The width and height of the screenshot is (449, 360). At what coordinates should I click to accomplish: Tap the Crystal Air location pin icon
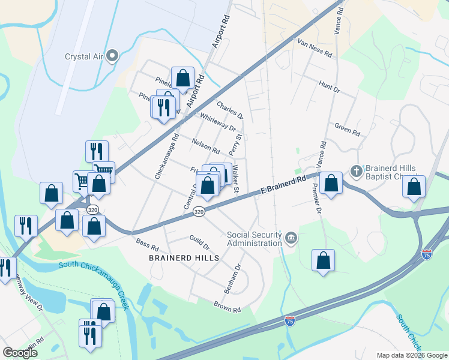pyautogui.click(x=112, y=57)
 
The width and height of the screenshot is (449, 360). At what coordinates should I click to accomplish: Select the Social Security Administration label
pyautogui.click(x=254, y=239)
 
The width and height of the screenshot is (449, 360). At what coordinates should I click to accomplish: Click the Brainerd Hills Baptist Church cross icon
pyautogui.click(x=357, y=171)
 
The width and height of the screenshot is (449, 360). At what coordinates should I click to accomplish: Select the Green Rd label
pyautogui.click(x=347, y=128)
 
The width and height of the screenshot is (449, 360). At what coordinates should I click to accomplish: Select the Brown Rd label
pyautogui.click(x=227, y=307)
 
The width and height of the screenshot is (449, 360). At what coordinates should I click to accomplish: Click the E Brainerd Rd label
pyautogui.click(x=283, y=185)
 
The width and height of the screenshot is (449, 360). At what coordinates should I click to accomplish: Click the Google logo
pyautogui.click(x=20, y=352)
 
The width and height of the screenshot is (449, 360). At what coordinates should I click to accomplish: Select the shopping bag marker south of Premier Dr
pyautogui.click(x=323, y=260)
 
